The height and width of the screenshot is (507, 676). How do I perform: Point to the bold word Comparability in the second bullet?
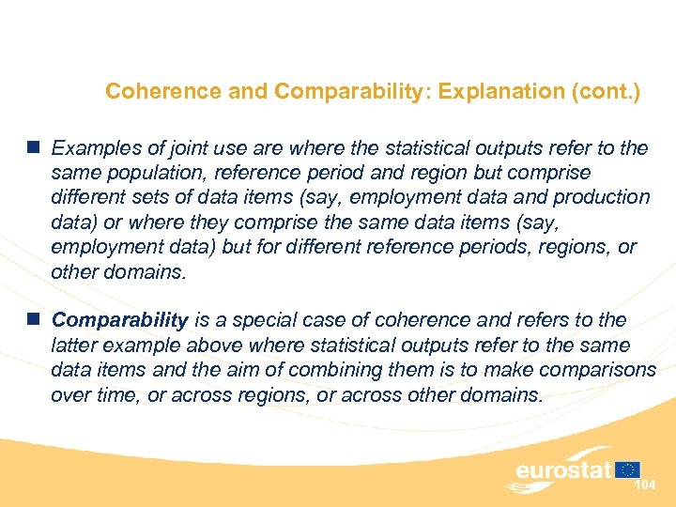point(120,320)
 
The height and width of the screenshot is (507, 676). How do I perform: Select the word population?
point(135,173)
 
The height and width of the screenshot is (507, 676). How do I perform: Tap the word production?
point(601,197)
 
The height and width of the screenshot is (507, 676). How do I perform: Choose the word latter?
point(74,346)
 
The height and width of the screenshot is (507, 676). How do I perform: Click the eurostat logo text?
point(563,469)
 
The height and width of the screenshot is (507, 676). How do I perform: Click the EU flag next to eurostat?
point(628,469)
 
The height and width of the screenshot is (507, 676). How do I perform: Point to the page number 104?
point(644,485)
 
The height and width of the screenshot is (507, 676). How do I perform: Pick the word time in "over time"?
point(113,394)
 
